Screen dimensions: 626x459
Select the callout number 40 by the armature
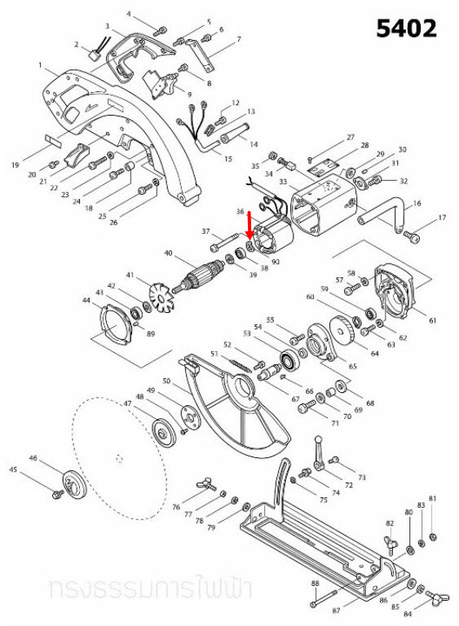pos(169,253)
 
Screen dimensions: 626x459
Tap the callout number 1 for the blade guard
pos(40,64)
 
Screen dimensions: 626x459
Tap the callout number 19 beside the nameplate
pos(16,165)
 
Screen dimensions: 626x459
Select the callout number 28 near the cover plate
pos(364,144)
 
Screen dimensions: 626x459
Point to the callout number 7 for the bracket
pos(238,39)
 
